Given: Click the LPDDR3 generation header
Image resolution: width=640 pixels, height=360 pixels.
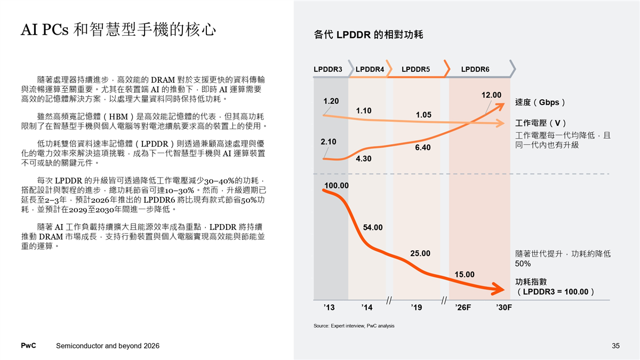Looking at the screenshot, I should click(327, 69).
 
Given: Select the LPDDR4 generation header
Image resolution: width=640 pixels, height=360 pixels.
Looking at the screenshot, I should click(370, 69).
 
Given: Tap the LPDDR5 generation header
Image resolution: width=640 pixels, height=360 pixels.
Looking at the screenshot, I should click(415, 69).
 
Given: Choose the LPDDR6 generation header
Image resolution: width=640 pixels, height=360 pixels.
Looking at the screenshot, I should click(475, 69).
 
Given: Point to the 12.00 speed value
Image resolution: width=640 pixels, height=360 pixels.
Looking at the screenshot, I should click(491, 95).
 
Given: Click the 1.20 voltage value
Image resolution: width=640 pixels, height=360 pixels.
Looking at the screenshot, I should click(331, 101).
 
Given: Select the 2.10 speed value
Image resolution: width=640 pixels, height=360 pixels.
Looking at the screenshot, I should click(329, 142).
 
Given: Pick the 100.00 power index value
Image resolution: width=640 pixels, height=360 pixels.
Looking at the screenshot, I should click(337, 186).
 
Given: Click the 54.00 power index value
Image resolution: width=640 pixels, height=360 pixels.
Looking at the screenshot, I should click(373, 227).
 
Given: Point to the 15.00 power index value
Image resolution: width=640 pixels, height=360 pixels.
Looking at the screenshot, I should click(464, 274).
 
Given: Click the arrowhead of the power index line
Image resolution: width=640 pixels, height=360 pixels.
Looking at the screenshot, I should click(499, 291).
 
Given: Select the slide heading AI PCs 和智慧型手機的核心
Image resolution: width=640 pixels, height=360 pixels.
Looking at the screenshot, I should click(118, 30).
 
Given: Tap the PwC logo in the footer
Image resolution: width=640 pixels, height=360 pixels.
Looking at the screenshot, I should click(28, 346).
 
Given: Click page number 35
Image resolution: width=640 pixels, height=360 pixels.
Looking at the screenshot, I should click(615, 346).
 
